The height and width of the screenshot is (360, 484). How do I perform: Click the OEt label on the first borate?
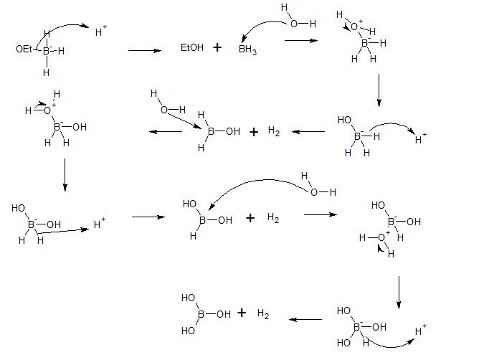coord(23,49)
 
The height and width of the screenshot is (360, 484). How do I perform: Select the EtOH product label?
coord(191,49)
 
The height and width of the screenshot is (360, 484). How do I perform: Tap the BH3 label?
coord(249,52)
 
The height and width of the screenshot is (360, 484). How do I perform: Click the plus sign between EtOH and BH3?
coord(217,49)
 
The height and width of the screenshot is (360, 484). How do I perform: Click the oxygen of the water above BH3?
coord(293,23)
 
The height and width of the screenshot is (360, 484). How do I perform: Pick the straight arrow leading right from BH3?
coord(301,41)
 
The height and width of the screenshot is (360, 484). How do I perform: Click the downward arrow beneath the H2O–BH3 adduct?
coord(379,92)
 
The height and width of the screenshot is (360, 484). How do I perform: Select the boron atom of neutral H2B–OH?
coord(211,131)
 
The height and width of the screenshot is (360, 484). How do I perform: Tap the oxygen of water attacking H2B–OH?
coord(164,109)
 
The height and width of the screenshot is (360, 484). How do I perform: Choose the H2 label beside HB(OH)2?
coord(272,218)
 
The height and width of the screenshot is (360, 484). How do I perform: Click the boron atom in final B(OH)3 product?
coord(201,313)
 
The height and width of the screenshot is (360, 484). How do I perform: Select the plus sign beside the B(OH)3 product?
coord(242,313)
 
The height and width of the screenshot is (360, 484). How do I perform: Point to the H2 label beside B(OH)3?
coord(263,314)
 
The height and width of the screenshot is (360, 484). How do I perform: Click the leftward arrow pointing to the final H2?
coord(305,320)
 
